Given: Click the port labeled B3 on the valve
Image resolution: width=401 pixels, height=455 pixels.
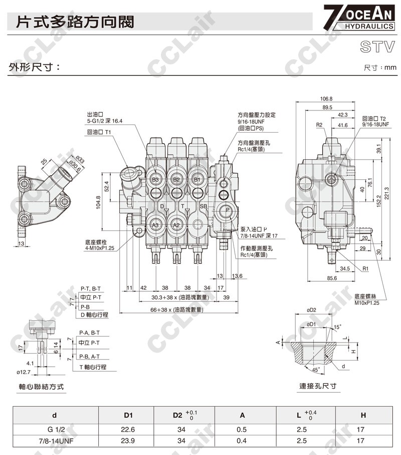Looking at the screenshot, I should pyautogui.click(x=155, y=179).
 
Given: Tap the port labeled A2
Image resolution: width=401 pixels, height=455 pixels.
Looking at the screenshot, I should pyautogui.click(x=176, y=225).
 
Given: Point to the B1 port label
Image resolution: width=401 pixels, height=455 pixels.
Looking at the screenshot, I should pyautogui.click(x=197, y=179).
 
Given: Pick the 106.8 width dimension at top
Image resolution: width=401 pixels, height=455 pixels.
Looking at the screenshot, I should pyautogui.click(x=326, y=99).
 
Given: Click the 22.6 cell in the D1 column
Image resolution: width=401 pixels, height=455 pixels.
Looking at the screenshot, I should pyautogui.click(x=128, y=429).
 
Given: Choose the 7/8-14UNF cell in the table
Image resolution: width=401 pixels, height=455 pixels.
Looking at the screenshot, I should pyautogui.click(x=54, y=440).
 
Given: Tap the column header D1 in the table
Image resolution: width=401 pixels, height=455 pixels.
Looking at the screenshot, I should pyautogui.click(x=128, y=415).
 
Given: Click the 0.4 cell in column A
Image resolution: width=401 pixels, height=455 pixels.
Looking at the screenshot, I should pyautogui.click(x=242, y=440).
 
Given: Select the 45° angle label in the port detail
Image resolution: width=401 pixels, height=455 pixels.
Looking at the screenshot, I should pyautogui.click(x=315, y=369).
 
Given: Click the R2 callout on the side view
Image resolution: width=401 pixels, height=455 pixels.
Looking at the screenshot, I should pyautogui.click(x=319, y=125).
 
